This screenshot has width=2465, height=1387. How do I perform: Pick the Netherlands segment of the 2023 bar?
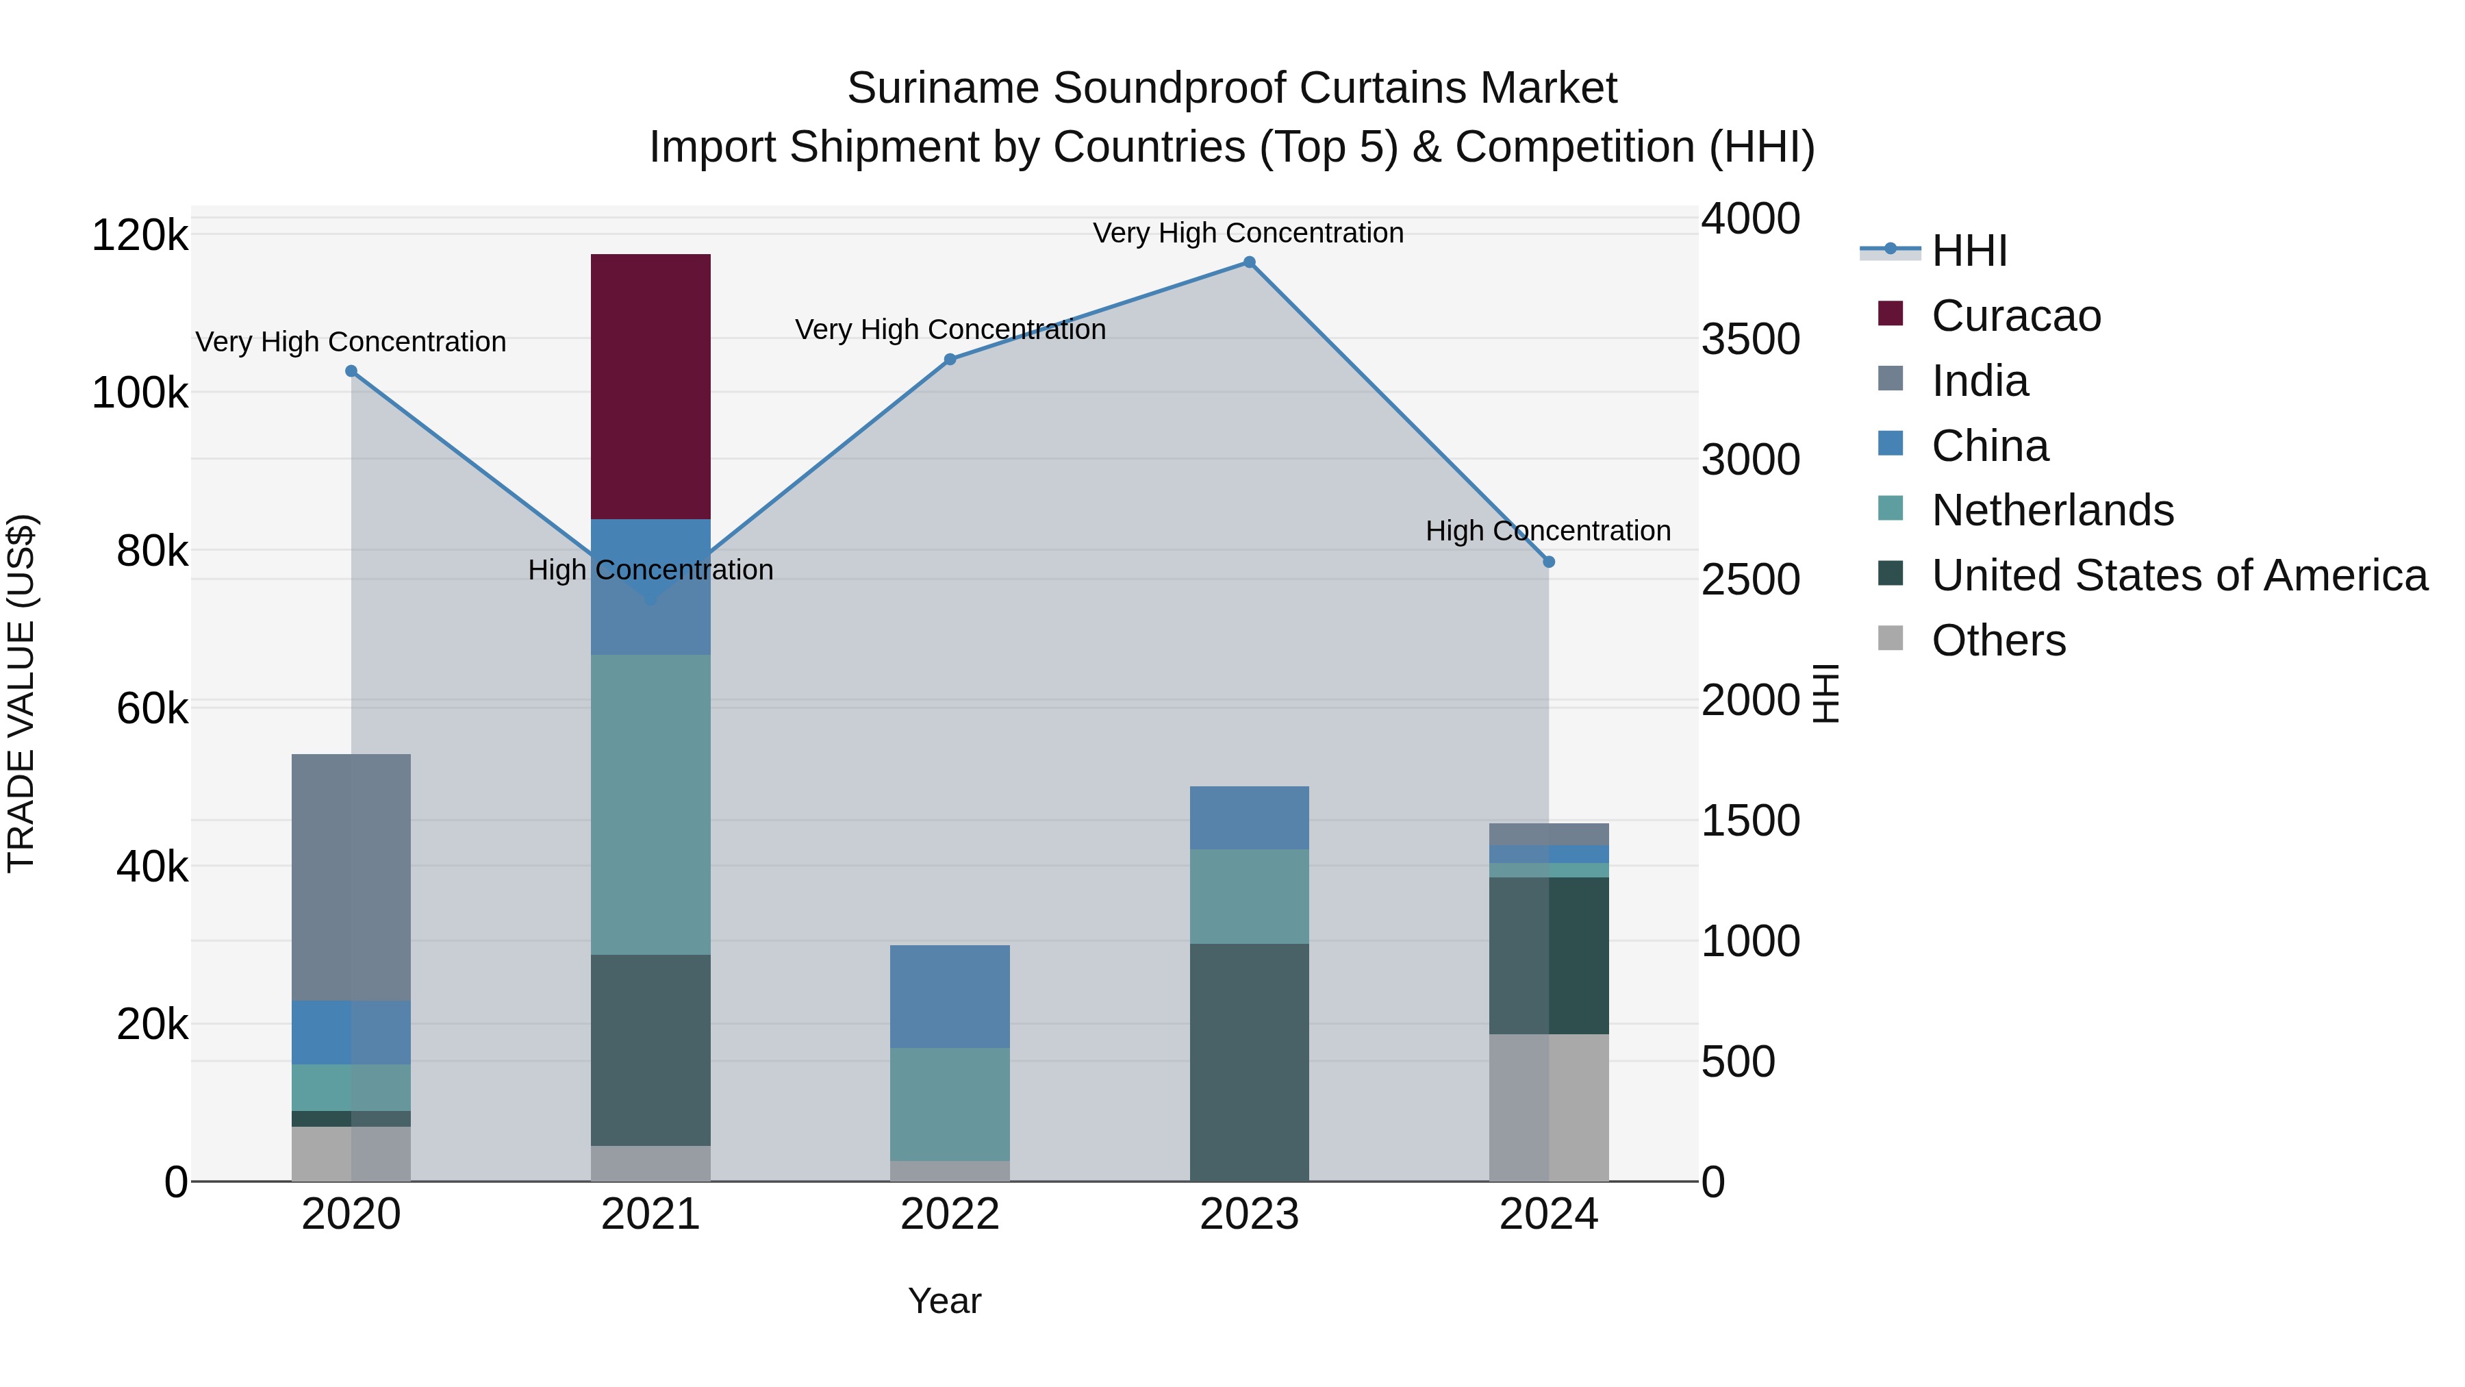1249,896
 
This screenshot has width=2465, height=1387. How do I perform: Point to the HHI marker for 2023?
1249,262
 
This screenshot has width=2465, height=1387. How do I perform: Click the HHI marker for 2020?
351,371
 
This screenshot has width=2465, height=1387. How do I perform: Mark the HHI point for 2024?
1550,562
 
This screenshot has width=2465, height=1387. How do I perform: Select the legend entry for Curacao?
2015,316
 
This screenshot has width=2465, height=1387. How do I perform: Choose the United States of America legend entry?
2178,575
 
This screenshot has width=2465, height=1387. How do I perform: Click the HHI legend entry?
1969,251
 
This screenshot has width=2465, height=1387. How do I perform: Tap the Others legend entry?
1998,640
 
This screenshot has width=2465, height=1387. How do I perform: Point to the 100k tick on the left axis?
140,393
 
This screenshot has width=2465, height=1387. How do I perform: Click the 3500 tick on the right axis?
1750,340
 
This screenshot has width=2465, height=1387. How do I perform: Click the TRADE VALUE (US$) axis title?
21,693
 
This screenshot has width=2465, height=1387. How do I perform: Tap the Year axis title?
944,1301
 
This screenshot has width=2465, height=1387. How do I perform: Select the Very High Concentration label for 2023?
1248,233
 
